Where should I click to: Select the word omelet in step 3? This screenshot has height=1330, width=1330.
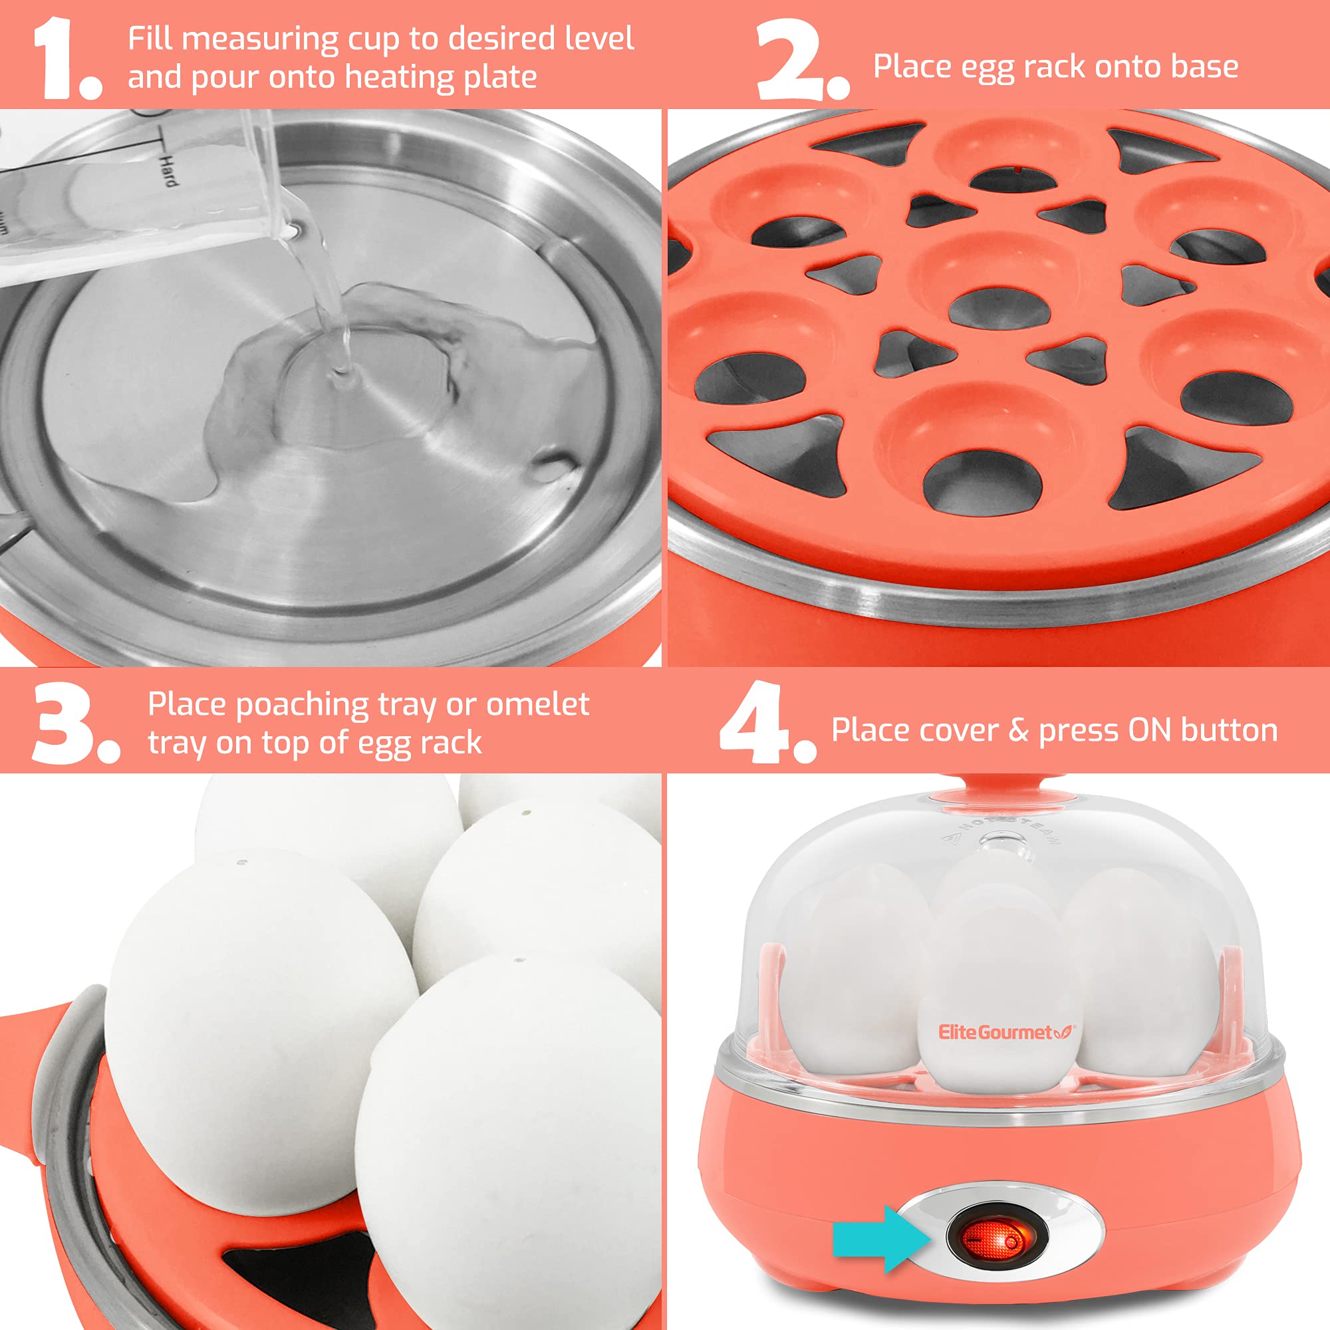click(537, 704)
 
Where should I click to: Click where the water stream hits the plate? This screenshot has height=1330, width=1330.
click(340, 375)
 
